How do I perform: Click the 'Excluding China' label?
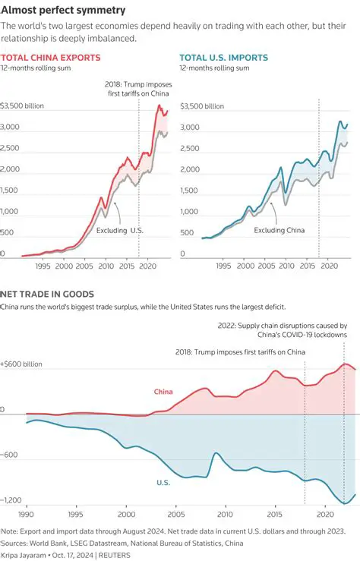279,230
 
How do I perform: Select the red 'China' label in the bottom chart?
163,392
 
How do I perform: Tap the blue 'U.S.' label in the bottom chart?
163,482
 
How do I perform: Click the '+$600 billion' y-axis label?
22,364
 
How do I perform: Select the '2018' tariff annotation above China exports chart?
136,89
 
